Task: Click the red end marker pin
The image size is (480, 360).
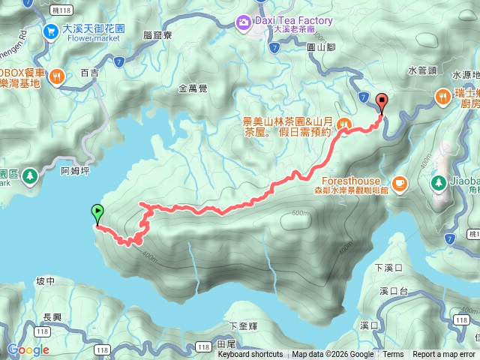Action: coord(381,103)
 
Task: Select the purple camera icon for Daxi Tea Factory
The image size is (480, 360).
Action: coord(244,22)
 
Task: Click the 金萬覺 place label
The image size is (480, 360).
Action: coord(193,88)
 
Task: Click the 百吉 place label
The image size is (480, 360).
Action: coord(89,73)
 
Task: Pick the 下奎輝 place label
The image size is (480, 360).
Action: coord(244,325)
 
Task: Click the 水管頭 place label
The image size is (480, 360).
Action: coord(422,70)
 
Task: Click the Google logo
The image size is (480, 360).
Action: coord(28,349)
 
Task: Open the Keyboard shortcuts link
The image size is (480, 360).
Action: coord(250,355)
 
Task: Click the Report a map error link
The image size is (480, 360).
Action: coord(444,355)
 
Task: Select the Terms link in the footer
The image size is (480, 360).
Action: coord(393,355)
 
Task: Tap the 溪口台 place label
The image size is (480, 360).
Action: coord(392,290)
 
